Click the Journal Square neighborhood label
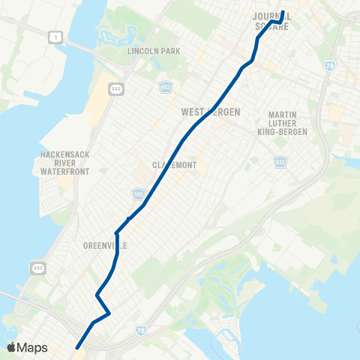272,20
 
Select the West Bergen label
210,112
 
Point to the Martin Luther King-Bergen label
287,124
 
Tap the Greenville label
105,245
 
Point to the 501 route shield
138,194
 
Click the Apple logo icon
11,347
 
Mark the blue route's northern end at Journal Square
283,11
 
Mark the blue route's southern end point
76,347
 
